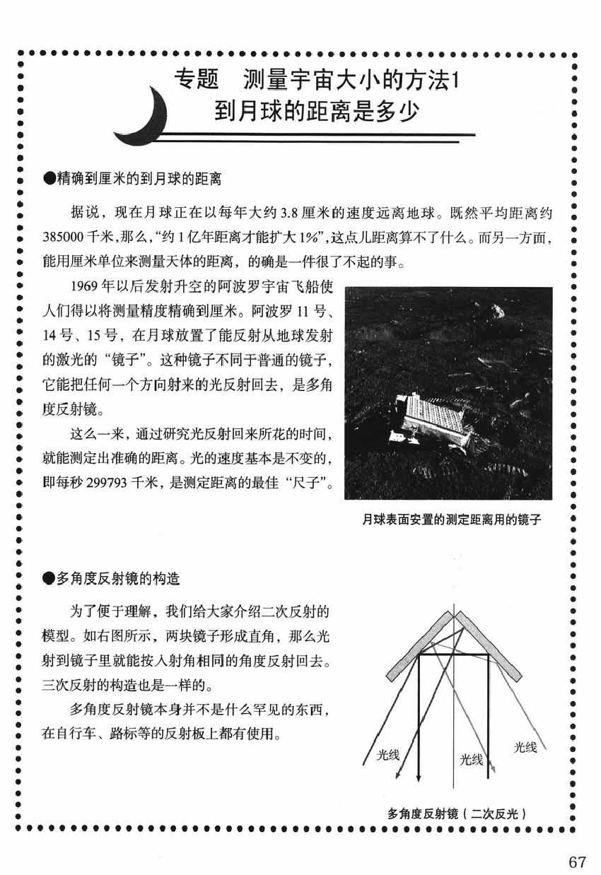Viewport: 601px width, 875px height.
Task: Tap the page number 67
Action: pos(577,862)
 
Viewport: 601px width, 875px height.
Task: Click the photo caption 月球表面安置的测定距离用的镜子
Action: pos(451,519)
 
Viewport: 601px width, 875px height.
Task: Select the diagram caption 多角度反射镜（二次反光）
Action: pos(457,814)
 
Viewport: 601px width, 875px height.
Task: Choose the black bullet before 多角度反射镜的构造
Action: pos(48,580)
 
